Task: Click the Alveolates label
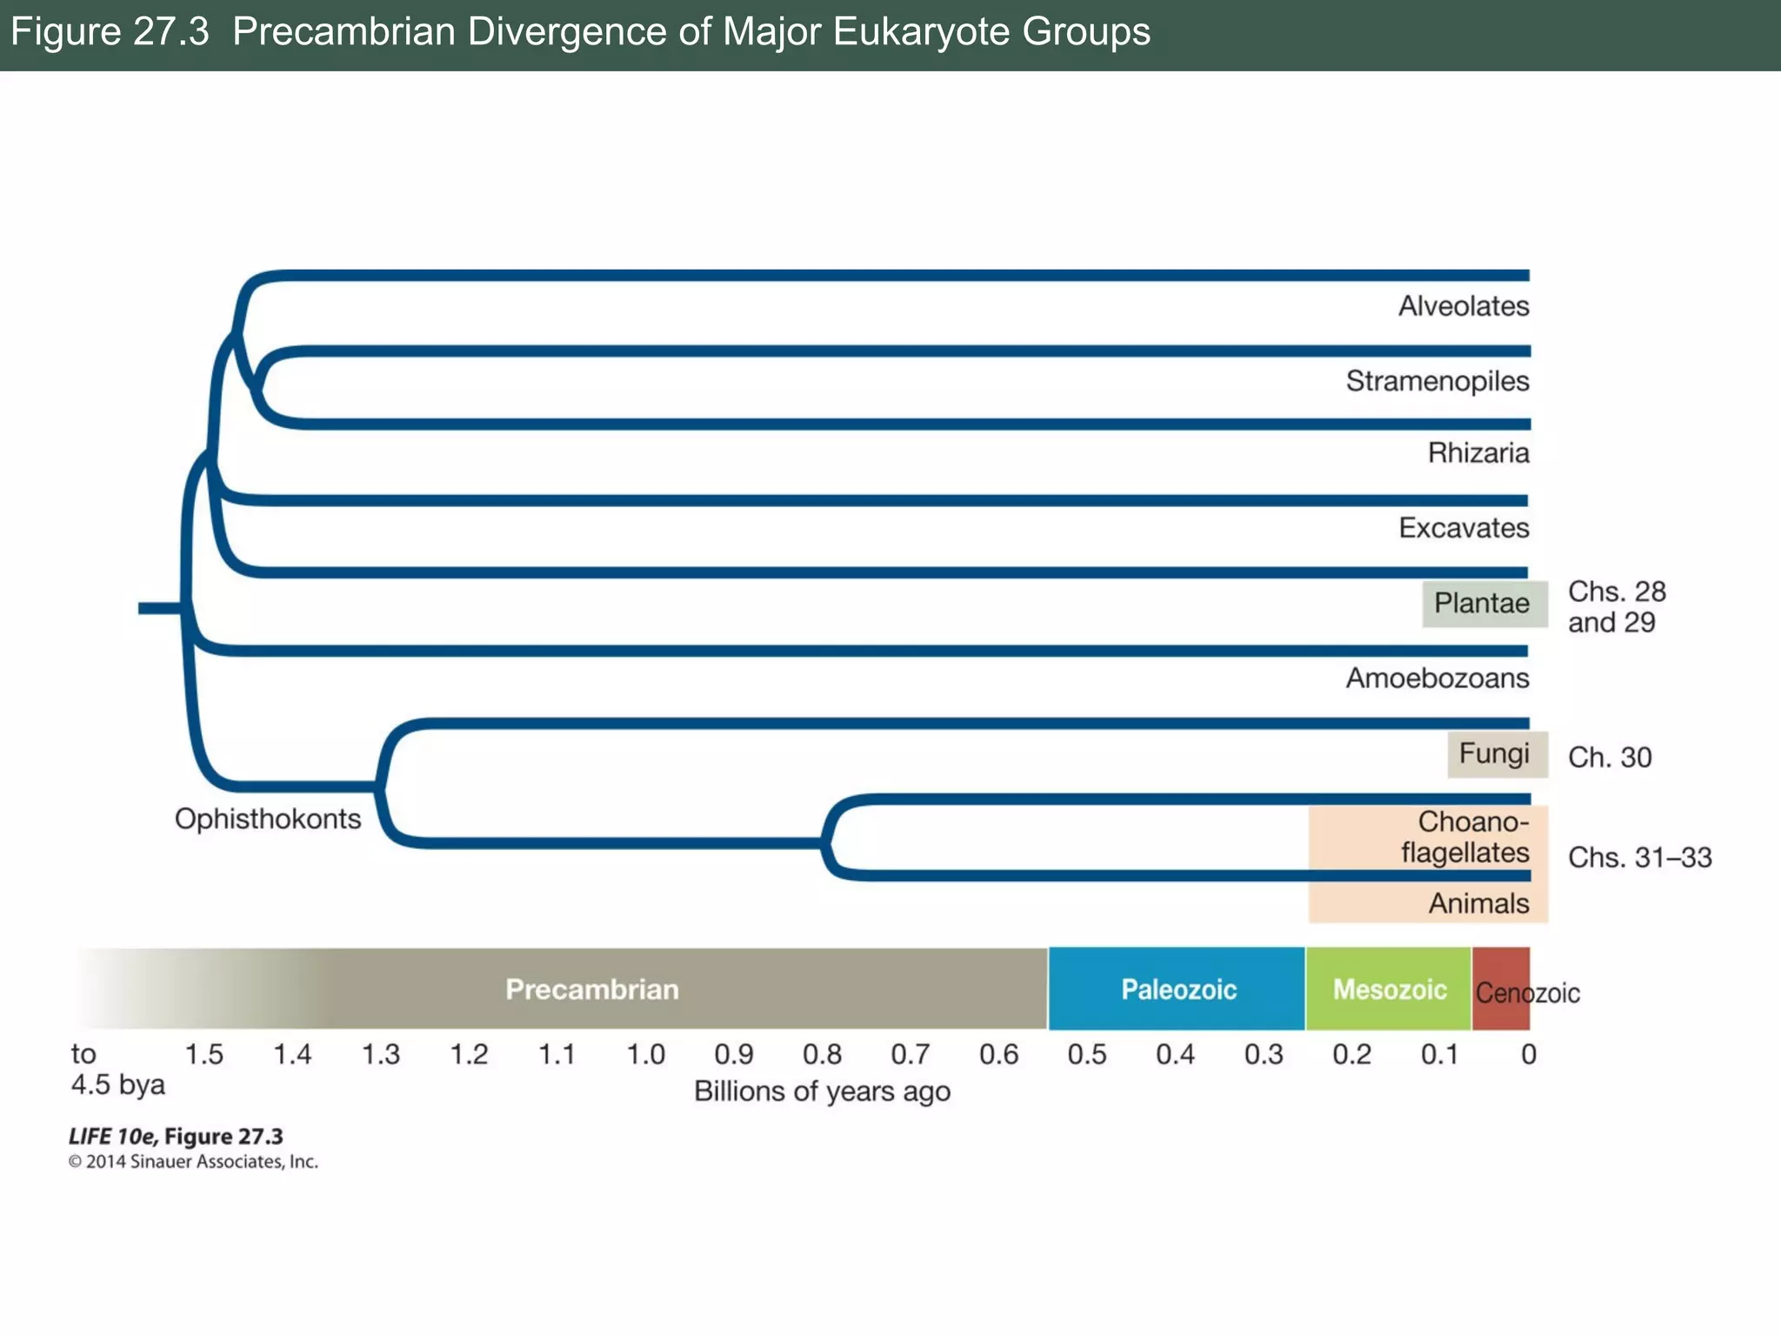click(x=1463, y=306)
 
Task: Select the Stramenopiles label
click(x=1437, y=381)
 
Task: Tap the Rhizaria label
click(x=1477, y=453)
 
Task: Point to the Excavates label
click(x=1463, y=528)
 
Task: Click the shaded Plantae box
click(x=1484, y=604)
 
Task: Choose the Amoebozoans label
click(x=1437, y=678)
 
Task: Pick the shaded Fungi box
click(x=1496, y=753)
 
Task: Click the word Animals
click(x=1477, y=904)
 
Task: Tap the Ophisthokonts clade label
click(x=268, y=819)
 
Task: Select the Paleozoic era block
click(x=1177, y=990)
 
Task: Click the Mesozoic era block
click(x=1389, y=990)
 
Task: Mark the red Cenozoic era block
click(x=1499, y=990)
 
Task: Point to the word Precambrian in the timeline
click(x=592, y=990)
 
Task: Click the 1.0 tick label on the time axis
click(x=645, y=1055)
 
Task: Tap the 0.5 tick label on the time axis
click(x=1086, y=1055)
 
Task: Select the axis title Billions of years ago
click(x=822, y=1092)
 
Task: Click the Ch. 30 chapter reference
click(x=1609, y=758)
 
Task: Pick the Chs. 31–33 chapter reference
click(x=1639, y=858)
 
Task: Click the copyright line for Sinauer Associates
click(x=193, y=1162)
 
